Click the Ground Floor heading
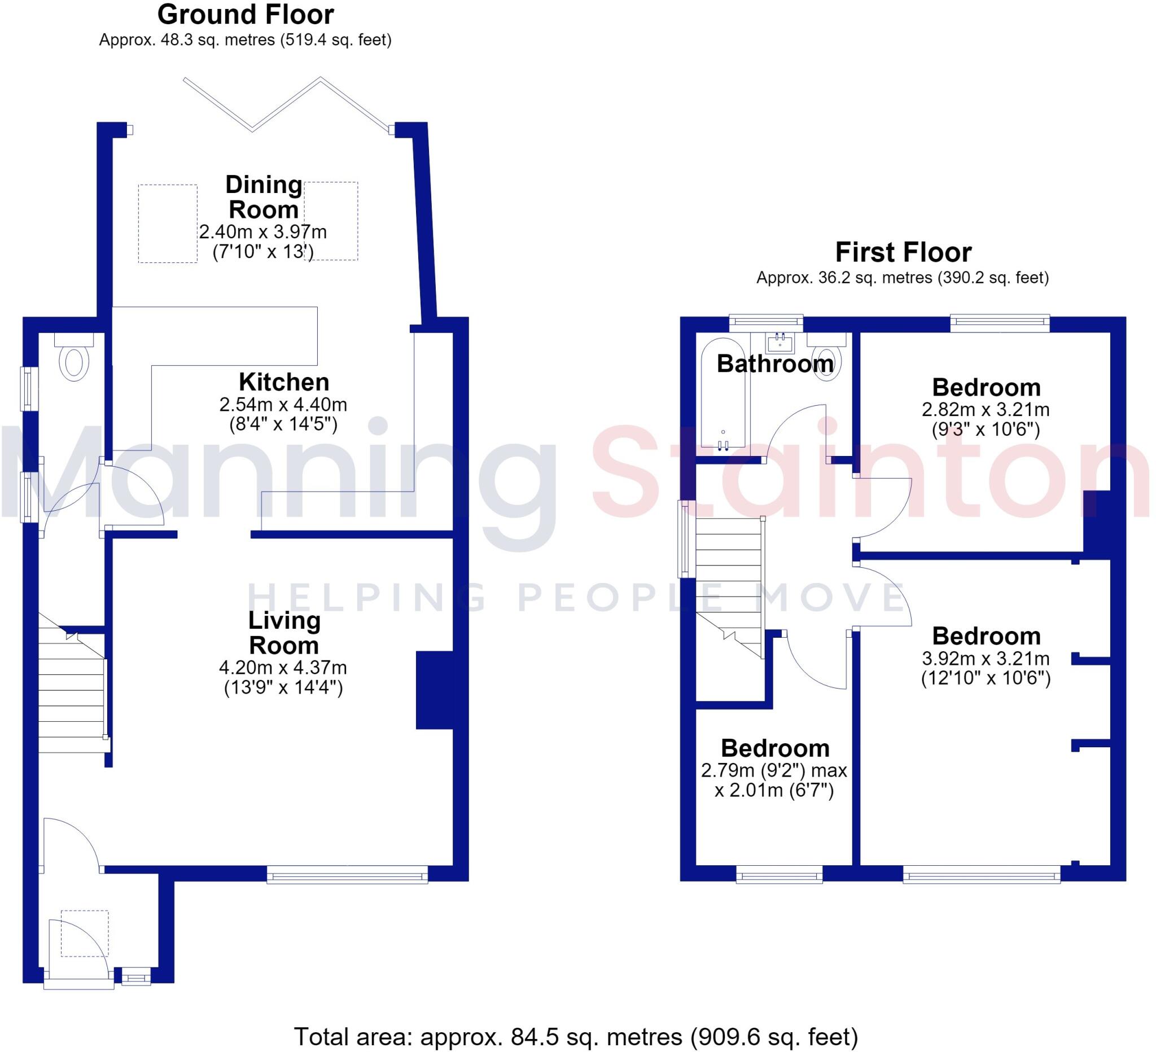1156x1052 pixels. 246,15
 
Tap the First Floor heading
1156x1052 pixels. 903,252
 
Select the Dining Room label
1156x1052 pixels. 263,197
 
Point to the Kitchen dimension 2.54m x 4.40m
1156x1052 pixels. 283,405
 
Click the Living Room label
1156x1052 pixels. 284,633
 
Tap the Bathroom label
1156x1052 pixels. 775,363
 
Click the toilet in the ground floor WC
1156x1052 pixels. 74,358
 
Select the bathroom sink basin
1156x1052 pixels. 780,342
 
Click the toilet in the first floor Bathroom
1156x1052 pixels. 826,357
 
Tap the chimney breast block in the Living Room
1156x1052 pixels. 435,690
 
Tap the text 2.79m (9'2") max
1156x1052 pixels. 774,770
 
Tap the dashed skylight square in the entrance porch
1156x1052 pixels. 84,933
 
